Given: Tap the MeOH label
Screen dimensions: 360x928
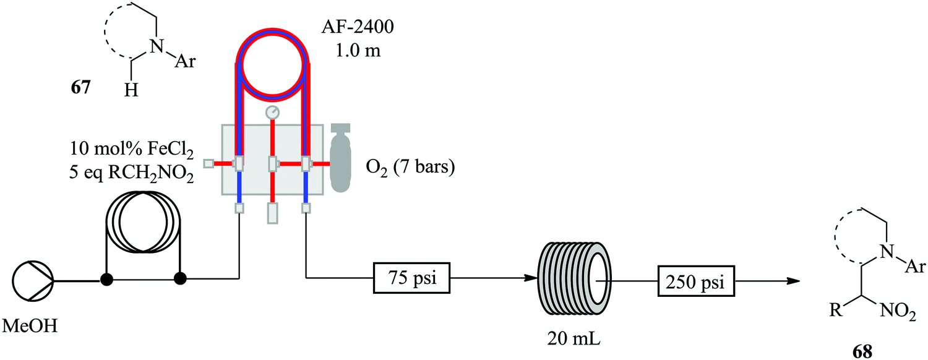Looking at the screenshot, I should [32, 324].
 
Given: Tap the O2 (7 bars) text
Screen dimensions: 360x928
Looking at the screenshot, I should [408, 165].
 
